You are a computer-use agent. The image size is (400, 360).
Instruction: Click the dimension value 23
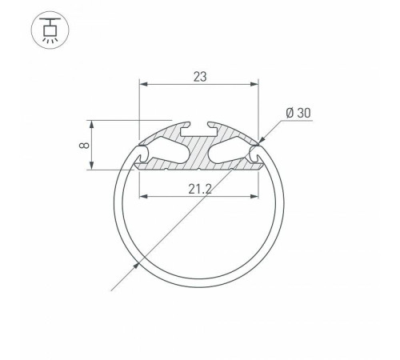point(200,77)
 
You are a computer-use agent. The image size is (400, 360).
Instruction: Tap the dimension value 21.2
point(200,190)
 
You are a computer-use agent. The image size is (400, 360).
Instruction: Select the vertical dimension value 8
point(84,145)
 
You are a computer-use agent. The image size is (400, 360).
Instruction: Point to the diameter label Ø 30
point(298,113)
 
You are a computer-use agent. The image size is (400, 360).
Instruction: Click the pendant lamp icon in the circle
point(50,30)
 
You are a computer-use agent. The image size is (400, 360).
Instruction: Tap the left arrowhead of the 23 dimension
point(143,84)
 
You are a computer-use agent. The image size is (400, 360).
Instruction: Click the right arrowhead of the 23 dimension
point(254,84)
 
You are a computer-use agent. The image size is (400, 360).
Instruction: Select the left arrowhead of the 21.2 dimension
point(143,197)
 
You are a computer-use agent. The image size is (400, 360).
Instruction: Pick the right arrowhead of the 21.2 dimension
point(254,197)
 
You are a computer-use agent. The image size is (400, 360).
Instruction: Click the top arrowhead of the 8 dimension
point(91,125)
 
